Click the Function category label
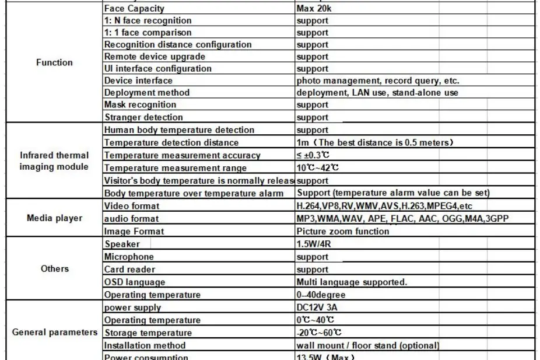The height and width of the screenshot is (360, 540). pyautogui.click(x=54, y=62)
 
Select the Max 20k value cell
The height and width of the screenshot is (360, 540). pyautogui.click(x=315, y=9)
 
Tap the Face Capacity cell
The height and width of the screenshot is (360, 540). pyautogui.click(x=134, y=9)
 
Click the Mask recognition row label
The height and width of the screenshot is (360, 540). pyautogui.click(x=140, y=105)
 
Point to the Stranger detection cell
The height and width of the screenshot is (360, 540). pyautogui.click(x=143, y=117)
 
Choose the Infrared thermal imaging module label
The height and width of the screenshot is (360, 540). pyautogui.click(x=54, y=161)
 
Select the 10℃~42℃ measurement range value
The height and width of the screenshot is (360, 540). pyautogui.click(x=318, y=168)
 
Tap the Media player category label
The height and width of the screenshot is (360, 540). pyautogui.click(x=54, y=218)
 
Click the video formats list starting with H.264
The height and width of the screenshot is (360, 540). pyautogui.click(x=384, y=206)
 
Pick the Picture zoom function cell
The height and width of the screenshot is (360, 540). pyautogui.click(x=342, y=231)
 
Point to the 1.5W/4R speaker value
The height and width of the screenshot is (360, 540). pyautogui.click(x=313, y=244)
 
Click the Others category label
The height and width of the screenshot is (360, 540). pyautogui.click(x=54, y=269)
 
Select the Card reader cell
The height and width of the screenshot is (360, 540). pyautogui.click(x=129, y=270)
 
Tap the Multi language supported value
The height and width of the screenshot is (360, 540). pyautogui.click(x=352, y=282)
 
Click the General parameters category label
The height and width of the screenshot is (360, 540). pyautogui.click(x=54, y=333)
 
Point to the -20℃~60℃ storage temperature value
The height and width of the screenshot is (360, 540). pyautogui.click(x=318, y=333)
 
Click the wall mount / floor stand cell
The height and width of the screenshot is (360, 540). pyautogui.click(x=367, y=345)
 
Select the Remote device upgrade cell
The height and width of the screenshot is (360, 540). pyautogui.click(x=155, y=57)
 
